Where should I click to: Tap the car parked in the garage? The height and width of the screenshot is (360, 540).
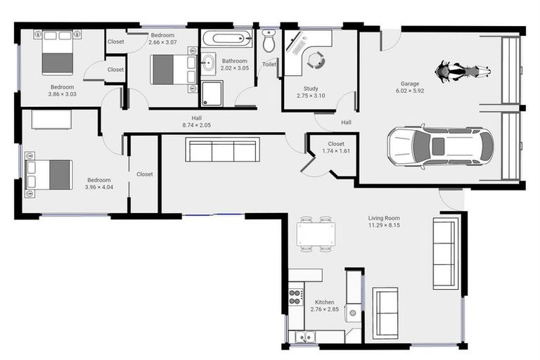440,146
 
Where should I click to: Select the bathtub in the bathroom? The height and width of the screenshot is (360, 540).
227,39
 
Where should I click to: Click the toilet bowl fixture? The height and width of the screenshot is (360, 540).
269,41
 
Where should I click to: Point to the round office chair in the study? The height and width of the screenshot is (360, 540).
316,60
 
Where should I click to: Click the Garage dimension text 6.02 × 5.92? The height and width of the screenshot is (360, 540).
410,91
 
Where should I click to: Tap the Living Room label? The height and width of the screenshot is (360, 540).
384,218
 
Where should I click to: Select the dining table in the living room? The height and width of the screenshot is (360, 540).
316,234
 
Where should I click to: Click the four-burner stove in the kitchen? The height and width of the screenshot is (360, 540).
296,297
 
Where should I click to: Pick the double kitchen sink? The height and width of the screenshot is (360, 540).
304,337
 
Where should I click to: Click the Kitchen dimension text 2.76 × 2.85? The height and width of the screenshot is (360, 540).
324,309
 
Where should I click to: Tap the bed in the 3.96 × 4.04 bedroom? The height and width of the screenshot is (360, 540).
49,174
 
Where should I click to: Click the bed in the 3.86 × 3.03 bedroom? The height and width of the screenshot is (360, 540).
58,52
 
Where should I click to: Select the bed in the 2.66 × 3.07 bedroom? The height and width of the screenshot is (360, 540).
174,70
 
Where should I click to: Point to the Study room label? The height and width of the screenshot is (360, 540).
311,89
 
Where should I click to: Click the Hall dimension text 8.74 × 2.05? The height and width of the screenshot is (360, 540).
196,125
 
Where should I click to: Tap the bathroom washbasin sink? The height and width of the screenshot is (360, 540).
208,63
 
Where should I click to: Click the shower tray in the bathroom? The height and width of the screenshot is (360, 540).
212,94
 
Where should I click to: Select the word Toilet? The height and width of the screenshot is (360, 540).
269,65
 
